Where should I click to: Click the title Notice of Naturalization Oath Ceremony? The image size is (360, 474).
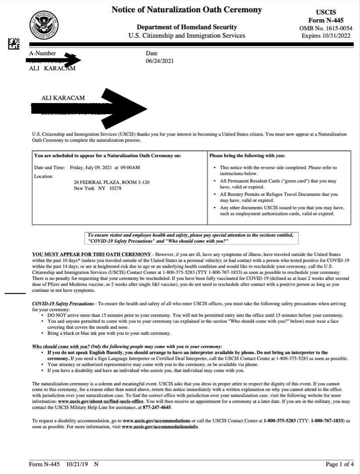click(x=187, y=9)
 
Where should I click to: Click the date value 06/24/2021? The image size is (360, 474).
click(x=159, y=61)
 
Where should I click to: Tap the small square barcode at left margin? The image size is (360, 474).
click(x=14, y=43)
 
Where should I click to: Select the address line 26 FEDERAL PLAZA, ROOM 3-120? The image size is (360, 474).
click(x=112, y=182)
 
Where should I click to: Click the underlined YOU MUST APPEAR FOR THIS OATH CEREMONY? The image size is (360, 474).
click(x=90, y=254)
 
